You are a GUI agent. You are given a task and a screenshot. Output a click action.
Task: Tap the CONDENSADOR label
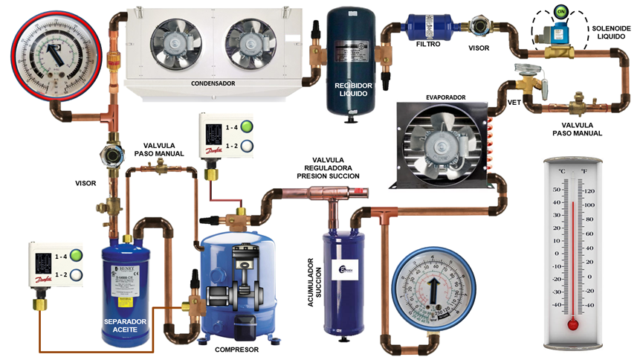[x=213, y=84]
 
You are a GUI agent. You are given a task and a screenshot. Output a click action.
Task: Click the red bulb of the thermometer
[x=572, y=324]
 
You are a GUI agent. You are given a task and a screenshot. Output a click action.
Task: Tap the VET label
[x=514, y=102]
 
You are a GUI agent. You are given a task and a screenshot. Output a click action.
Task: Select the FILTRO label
[x=427, y=45]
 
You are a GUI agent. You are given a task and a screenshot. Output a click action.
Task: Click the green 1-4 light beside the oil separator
[x=76, y=256]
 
